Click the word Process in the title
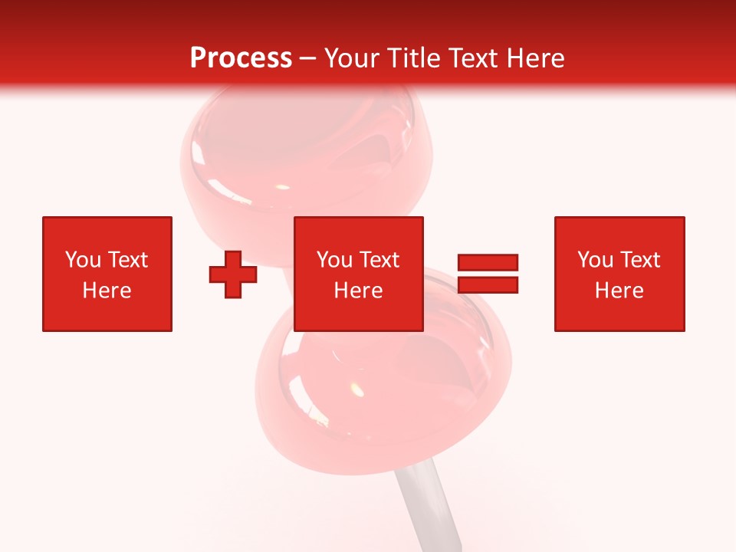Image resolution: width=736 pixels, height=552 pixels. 241,58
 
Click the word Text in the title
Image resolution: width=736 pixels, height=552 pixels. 471,58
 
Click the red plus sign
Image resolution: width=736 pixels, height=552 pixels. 233,274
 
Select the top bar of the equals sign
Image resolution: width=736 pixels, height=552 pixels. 488,262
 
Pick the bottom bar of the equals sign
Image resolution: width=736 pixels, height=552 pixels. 488,285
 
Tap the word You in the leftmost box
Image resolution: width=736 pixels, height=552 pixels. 82,260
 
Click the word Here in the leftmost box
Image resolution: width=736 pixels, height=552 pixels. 107,291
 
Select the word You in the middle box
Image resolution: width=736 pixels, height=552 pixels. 333,260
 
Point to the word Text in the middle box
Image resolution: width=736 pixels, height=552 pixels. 379,260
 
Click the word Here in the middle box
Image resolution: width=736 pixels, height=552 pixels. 358,291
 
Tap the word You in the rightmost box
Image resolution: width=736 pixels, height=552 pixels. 594,260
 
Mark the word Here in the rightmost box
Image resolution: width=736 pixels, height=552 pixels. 619,291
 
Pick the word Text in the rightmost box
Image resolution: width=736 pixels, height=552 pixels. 639,260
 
